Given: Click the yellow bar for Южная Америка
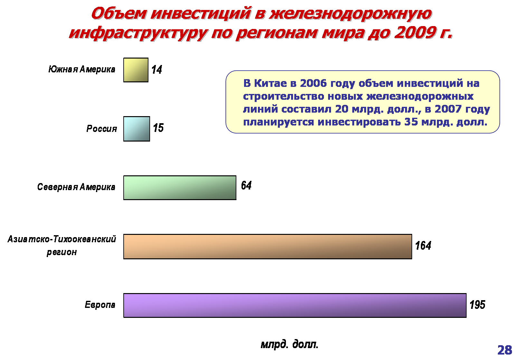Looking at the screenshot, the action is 136,70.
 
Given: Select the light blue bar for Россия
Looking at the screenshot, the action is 137,129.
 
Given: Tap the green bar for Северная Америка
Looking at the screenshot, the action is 180,188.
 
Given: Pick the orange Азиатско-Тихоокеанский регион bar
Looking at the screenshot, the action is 268,246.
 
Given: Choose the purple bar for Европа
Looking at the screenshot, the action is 295,305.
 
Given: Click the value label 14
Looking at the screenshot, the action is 156,70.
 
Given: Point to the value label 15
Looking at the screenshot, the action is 158,128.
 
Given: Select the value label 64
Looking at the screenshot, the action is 246,185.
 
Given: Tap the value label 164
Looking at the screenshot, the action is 423,246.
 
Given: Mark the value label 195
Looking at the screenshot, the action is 477,305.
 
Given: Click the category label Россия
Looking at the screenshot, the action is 102,128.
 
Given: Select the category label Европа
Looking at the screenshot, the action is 100,304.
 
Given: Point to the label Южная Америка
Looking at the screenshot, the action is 82,69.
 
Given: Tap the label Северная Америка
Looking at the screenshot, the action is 76,187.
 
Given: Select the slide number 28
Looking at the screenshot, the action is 505,350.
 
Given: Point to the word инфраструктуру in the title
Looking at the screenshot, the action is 138,33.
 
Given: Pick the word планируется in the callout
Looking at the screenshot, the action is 279,122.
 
